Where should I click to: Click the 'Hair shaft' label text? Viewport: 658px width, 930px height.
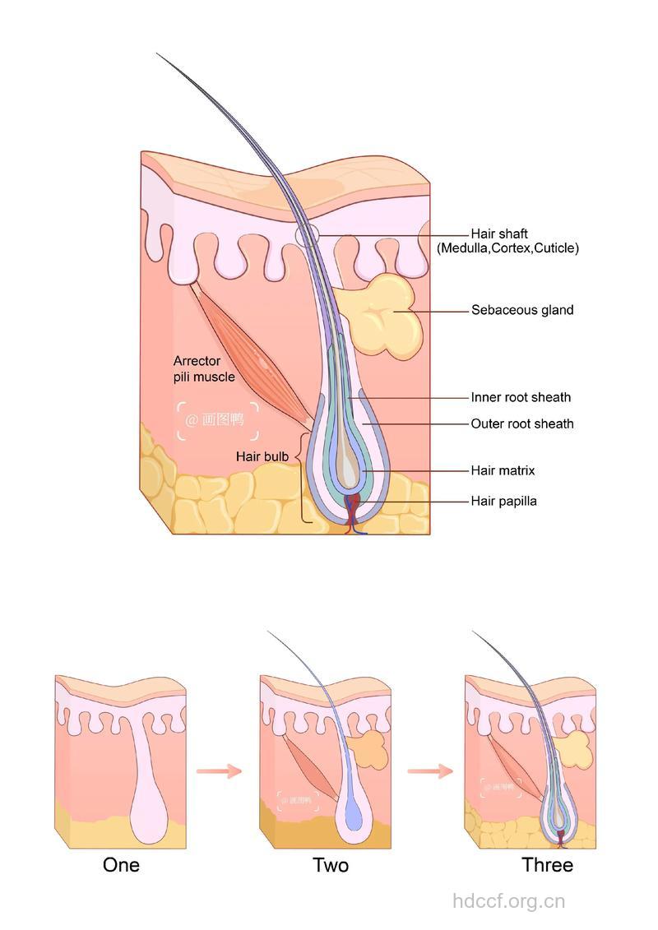[499, 234]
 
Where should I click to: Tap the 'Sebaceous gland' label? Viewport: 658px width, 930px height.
[522, 310]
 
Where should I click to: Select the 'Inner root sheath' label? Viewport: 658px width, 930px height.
[521, 397]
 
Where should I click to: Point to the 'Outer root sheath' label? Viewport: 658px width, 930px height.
[522, 423]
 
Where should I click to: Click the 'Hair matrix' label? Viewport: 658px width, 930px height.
[503, 470]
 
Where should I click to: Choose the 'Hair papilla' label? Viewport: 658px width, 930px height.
[503, 500]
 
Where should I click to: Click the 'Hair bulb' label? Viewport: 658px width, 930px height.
[262, 456]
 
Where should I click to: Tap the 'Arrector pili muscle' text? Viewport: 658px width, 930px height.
[203, 369]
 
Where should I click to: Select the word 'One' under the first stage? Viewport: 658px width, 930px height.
[121, 865]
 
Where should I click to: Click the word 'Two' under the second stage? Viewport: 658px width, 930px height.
[331, 865]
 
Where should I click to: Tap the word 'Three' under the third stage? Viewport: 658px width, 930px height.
[547, 865]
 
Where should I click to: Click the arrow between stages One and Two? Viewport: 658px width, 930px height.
[218, 770]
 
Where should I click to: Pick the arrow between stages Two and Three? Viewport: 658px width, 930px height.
[429, 770]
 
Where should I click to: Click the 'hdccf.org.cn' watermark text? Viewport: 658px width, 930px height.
[509, 901]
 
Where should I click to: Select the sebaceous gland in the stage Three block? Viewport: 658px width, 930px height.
[573, 749]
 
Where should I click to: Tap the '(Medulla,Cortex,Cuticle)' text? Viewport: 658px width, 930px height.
[507, 248]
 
